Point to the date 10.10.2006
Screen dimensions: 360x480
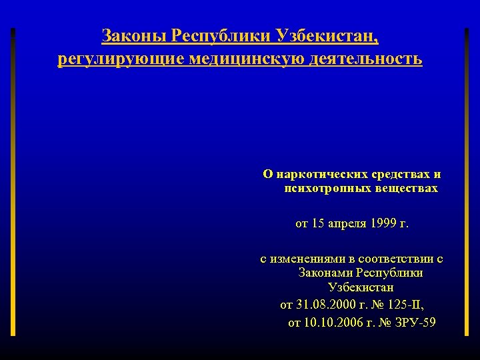click(329, 323)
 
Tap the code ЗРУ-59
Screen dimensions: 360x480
click(416, 323)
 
